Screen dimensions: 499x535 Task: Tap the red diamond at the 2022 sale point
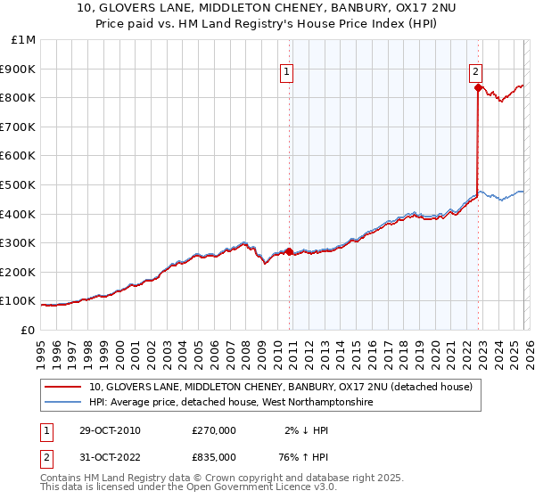[x=479, y=87]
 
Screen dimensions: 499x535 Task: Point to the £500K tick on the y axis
[x=19, y=184]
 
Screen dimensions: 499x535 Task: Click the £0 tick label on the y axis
[x=28, y=330]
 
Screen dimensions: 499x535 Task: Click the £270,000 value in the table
[x=214, y=430]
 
